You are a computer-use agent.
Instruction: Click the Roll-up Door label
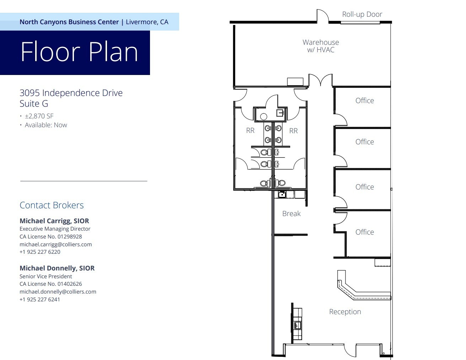coord(362,15)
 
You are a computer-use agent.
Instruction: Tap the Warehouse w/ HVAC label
coord(321,46)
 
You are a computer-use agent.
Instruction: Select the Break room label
coord(291,214)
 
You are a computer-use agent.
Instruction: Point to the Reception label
coord(345,312)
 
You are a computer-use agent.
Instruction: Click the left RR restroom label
coord(250,131)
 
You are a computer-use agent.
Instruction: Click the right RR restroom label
coord(293,131)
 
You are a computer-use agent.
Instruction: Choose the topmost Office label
coord(364,101)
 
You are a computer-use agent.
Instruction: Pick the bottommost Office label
coord(364,232)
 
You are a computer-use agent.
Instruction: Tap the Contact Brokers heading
coord(52,205)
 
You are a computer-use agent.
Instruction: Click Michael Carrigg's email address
coord(55,244)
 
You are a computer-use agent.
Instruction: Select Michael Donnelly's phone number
coord(40,299)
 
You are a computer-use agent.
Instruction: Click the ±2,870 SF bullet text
coord(39,116)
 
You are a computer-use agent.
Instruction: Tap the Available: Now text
coord(46,125)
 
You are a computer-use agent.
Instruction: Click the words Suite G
coord(34,104)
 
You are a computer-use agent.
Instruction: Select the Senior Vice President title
coord(45,276)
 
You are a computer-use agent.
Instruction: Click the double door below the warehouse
coord(321,80)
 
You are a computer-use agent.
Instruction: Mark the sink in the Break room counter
coord(282,194)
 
